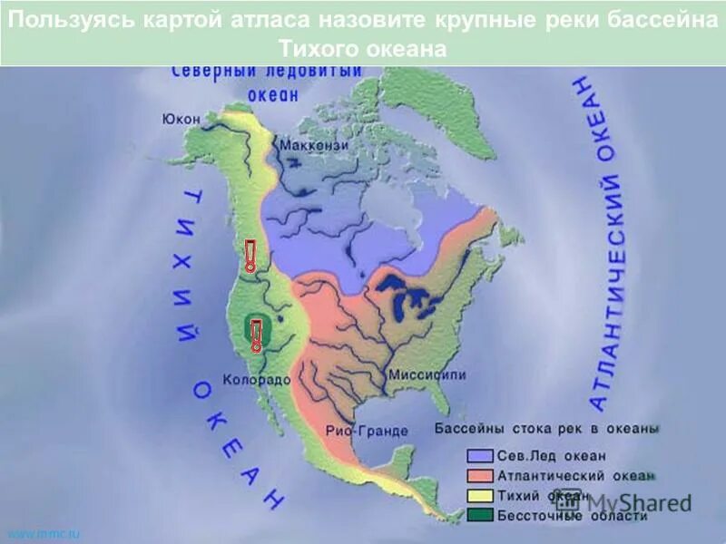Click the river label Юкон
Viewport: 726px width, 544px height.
(181, 118)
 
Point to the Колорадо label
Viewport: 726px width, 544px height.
(256, 380)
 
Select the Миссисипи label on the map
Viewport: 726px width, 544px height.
(427, 374)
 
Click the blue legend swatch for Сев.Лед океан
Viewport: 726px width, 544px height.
(480, 456)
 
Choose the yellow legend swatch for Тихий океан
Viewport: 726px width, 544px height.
(480, 496)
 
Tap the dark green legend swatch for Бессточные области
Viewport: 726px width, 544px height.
(480, 516)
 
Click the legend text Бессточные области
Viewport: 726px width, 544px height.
(572, 516)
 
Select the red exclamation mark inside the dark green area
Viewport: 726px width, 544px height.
(257, 335)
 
